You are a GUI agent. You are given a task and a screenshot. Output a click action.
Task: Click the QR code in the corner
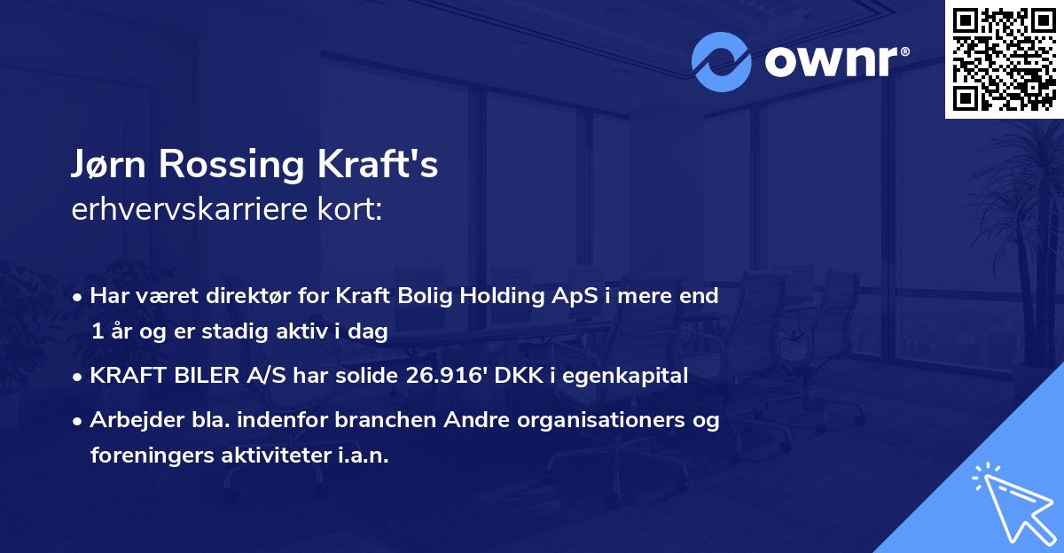1004,58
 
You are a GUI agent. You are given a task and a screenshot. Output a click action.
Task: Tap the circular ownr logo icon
722,61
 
